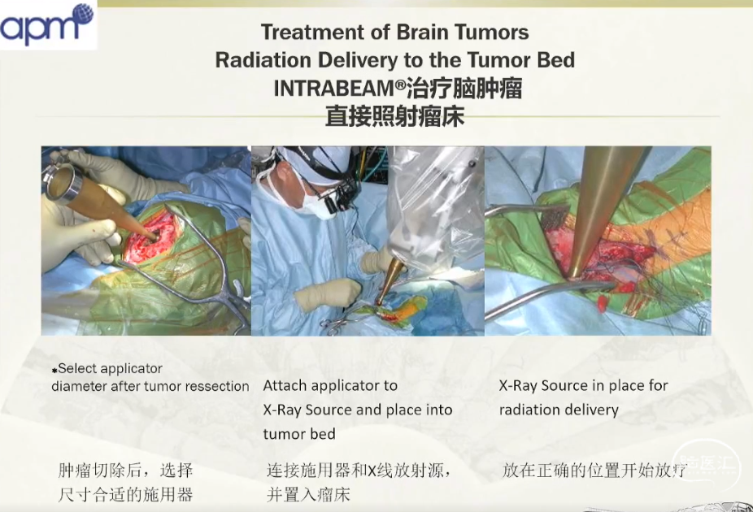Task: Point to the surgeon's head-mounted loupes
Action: tap(340, 198)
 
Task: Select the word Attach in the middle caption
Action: tap(284, 386)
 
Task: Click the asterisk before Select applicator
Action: tap(54, 370)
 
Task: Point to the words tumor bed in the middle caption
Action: tap(299, 434)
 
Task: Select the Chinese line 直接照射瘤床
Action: tap(394, 116)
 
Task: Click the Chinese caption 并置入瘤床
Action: tap(308, 495)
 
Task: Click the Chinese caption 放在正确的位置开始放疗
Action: tap(594, 471)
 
